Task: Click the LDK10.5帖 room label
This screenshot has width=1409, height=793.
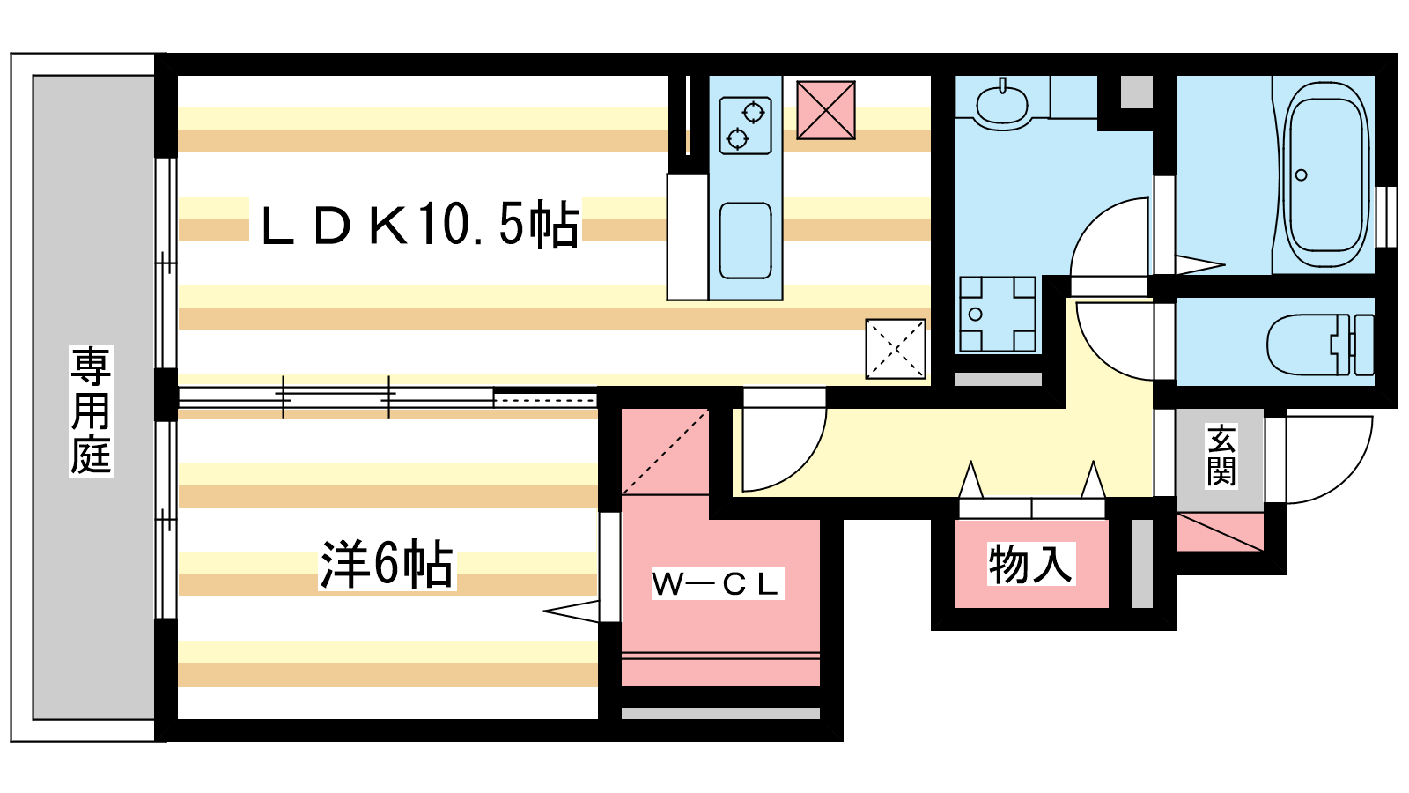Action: pos(419,225)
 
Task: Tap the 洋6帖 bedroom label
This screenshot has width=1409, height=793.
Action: pos(387,564)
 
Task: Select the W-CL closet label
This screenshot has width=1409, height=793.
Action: pos(717,584)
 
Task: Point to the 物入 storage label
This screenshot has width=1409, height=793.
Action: pos(1030,564)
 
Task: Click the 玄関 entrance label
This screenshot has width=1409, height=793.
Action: pos(1221,456)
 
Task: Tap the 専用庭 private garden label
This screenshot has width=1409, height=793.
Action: pos(92,411)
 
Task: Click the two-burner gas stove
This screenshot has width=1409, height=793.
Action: pos(745,125)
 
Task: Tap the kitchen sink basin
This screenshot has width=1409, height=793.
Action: pos(745,241)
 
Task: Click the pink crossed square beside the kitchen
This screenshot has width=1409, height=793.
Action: pos(826,110)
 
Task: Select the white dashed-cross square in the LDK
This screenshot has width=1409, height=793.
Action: pos(896,349)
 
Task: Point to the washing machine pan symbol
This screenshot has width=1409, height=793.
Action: pos(998,314)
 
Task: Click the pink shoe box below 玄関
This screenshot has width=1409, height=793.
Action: pos(1220,532)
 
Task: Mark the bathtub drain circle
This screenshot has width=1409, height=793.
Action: pos(1301,175)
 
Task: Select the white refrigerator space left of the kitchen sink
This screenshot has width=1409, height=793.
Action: pos(688,237)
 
